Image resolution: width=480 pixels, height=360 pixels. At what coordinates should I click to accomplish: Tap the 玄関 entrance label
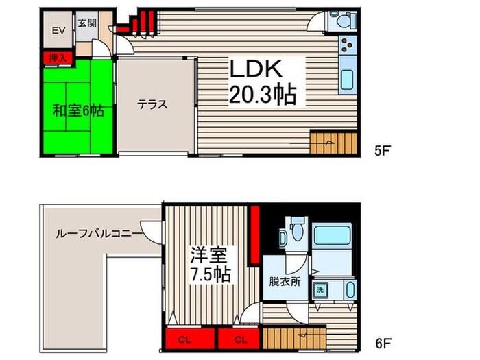(86, 22)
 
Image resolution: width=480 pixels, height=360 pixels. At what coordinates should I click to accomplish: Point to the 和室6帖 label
(78, 110)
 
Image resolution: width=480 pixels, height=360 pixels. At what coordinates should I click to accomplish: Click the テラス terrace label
(152, 105)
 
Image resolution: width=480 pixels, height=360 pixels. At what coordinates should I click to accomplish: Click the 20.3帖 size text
(263, 95)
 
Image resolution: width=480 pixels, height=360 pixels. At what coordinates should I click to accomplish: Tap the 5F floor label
(383, 149)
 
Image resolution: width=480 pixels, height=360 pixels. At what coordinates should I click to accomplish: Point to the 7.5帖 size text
(211, 274)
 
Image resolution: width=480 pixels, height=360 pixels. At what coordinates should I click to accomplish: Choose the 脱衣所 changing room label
(285, 280)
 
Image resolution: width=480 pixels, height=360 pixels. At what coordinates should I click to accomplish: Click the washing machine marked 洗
(319, 289)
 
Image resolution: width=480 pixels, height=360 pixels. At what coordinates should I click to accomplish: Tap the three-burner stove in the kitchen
(346, 49)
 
